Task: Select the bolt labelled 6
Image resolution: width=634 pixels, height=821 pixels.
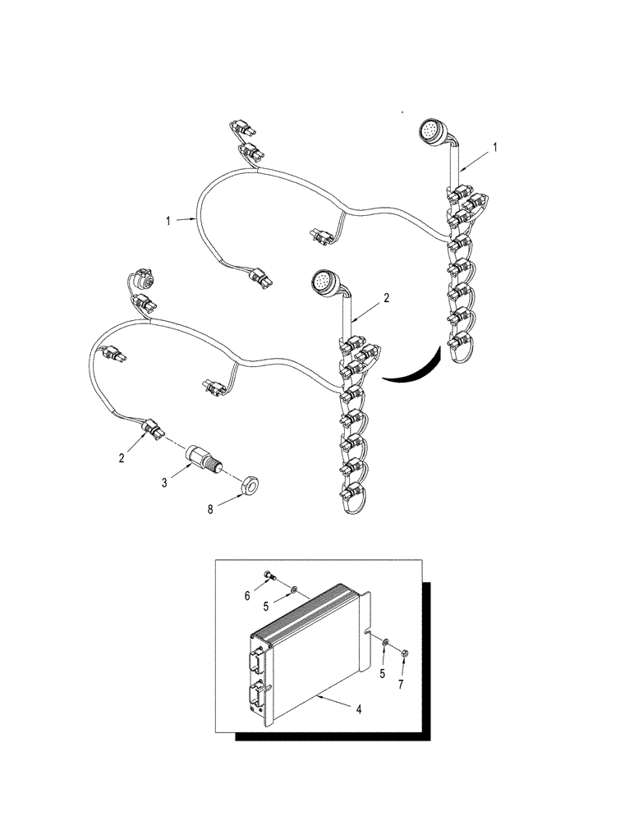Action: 270,576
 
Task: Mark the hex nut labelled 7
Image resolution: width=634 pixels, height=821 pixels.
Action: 406,653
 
